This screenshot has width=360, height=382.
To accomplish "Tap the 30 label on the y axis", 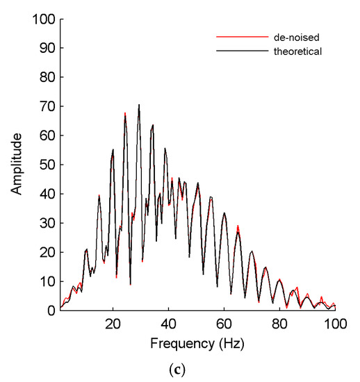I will [44, 223].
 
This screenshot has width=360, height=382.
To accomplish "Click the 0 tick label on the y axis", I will [48, 310].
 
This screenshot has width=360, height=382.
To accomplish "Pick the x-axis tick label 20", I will [113, 324].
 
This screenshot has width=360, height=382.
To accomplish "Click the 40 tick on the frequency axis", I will [168, 324].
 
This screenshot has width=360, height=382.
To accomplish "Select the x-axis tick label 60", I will [224, 324].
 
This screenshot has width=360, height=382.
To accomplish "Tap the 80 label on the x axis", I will [279, 324].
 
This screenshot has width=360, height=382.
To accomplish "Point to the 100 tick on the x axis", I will [335, 324].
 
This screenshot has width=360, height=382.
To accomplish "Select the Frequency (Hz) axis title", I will [197, 343].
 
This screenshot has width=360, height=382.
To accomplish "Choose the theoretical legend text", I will [297, 51].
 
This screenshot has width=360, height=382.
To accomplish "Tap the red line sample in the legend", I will [243, 36].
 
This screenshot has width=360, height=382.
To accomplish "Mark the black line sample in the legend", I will [243, 51].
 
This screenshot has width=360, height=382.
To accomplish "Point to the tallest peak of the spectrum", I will [139, 106].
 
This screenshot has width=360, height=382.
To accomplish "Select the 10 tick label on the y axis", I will [44, 281].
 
